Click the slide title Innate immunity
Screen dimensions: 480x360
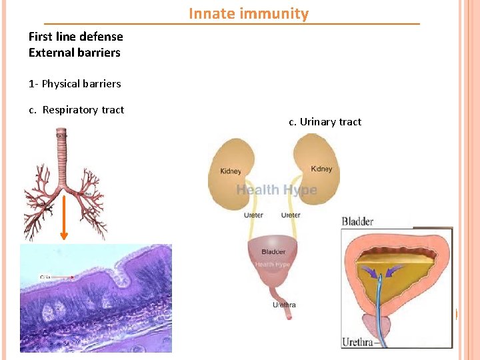249,13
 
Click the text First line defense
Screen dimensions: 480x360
75,36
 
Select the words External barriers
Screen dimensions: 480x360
74,52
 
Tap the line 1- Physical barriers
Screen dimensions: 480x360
75,83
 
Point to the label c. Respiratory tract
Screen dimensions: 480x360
77,109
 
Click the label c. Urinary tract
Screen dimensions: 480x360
325,121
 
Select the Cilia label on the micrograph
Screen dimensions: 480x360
46,276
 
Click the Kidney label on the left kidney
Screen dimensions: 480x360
231,171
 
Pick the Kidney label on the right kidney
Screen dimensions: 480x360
321,169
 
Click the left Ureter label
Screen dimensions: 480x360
253,215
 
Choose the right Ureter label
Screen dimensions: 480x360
291,215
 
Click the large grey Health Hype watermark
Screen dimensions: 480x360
277,190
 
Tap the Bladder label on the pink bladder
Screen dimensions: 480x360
273,251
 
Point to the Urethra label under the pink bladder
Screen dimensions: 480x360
284,305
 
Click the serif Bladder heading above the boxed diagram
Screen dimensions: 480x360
357,221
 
